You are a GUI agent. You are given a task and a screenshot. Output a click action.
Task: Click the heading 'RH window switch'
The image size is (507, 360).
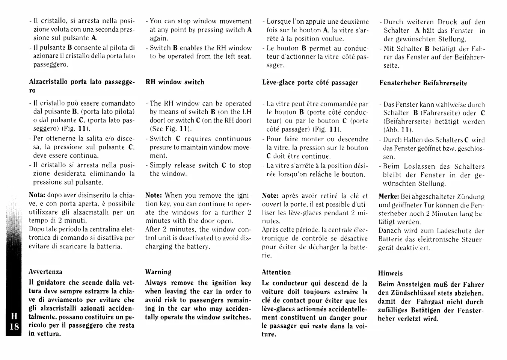point(175,82)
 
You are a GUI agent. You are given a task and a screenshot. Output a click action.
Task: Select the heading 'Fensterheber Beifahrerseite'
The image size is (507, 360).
point(423,83)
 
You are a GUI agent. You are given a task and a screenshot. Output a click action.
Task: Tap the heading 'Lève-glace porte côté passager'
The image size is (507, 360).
point(310,82)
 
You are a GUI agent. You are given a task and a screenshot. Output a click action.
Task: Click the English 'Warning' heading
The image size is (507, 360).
point(158,272)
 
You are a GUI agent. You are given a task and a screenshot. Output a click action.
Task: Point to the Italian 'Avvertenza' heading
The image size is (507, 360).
point(45,272)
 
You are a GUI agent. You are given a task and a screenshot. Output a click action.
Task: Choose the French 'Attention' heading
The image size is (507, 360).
point(276,272)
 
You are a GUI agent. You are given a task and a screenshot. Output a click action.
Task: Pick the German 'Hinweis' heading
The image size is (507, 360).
point(390,273)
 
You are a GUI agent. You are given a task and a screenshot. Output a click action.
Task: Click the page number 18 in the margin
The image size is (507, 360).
point(14,326)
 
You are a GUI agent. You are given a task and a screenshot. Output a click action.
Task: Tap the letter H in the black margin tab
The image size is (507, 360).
point(14,317)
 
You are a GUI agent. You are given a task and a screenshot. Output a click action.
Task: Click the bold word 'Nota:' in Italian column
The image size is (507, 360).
point(37,195)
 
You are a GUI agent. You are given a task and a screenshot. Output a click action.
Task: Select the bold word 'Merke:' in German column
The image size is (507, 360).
point(388,197)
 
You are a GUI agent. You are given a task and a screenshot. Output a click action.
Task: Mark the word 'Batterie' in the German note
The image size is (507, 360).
point(390,239)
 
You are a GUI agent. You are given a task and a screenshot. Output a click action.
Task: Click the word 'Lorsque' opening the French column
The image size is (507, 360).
point(279,22)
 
